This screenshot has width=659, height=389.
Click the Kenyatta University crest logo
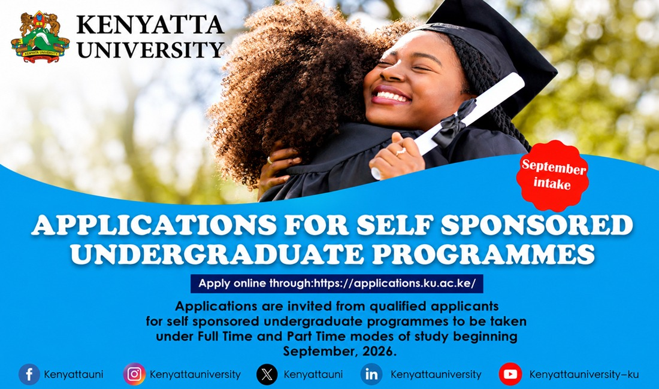tap(40, 37)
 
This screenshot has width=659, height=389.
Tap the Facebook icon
tap(29, 374)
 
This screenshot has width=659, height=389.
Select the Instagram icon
tap(134, 374)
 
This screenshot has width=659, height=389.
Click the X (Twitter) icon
tap(267, 374)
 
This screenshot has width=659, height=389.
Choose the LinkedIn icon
tap(371, 374)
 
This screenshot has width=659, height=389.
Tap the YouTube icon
tap(510, 374)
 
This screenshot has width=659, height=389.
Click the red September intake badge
tap(552, 175)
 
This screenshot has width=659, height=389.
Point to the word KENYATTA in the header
tap(150, 25)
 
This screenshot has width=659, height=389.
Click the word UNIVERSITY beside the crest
tap(150, 50)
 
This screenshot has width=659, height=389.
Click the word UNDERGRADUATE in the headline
tap(217, 254)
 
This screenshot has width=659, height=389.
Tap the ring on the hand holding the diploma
tap(401, 151)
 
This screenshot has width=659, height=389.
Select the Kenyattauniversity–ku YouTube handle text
tap(584, 374)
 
